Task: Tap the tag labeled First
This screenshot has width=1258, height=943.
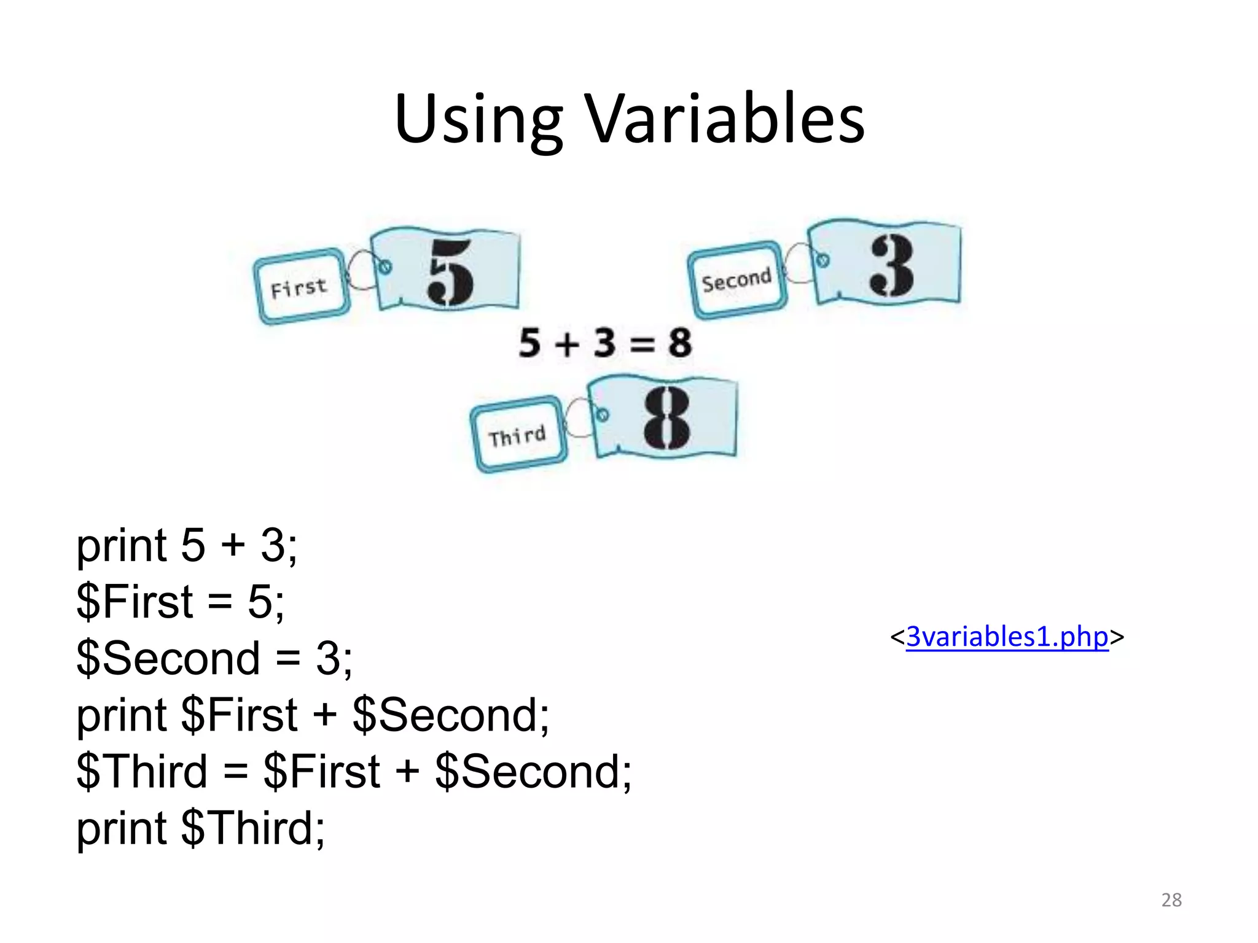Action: tap(300, 287)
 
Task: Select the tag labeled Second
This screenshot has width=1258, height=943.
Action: tap(736, 281)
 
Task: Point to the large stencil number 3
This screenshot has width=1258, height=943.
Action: tap(892, 265)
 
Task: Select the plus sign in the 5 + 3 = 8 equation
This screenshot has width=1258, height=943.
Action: tap(566, 343)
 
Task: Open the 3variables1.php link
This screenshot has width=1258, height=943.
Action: tap(1007, 637)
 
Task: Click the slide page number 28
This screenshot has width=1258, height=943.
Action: tap(1171, 900)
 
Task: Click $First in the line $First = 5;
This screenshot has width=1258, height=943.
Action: tap(135, 601)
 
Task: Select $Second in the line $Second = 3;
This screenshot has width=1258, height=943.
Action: tap(168, 658)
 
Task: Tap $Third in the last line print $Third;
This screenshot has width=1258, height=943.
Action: tap(248, 828)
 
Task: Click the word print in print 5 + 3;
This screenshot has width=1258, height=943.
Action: tap(122, 545)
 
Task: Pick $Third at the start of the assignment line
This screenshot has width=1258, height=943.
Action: tap(142, 772)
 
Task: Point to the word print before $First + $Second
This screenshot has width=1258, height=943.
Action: tap(122, 715)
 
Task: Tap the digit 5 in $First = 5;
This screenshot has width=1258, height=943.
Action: tap(259, 601)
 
